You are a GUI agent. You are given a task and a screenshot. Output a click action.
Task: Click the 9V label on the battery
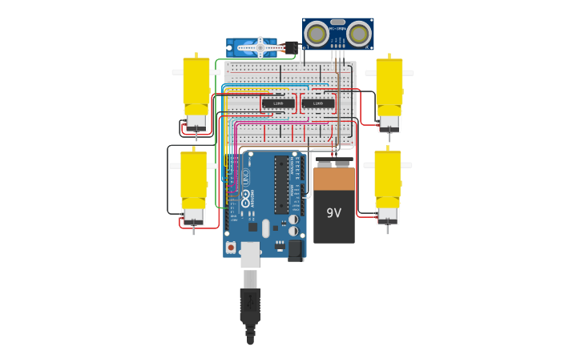(333, 213)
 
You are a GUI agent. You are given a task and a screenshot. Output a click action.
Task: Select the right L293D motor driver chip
(318, 103)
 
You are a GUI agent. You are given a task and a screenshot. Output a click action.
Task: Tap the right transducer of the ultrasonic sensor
(358, 34)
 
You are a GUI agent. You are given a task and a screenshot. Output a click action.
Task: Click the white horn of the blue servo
(260, 48)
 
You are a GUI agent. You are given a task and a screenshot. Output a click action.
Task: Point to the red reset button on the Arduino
(231, 248)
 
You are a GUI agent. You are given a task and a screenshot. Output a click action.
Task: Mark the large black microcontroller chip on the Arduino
(281, 184)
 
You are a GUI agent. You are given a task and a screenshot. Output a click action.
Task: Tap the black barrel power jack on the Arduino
(295, 250)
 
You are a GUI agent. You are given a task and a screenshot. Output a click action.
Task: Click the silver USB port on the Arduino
(250, 254)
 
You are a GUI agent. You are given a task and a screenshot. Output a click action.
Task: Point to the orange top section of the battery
(334, 178)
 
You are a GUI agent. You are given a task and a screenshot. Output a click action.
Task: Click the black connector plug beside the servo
(290, 47)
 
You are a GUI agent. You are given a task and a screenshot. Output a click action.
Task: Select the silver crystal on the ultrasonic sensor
(337, 22)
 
